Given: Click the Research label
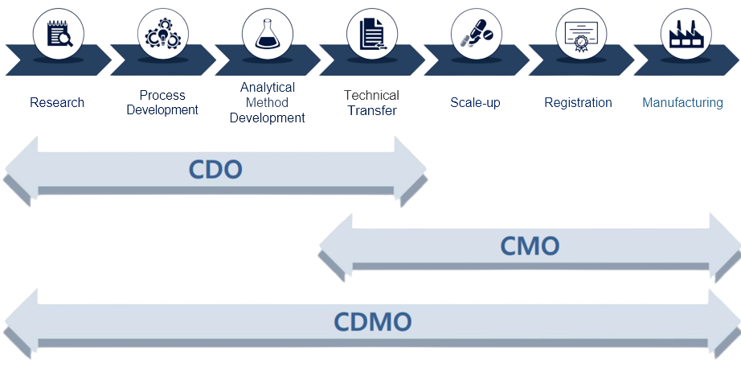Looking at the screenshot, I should point(57,103).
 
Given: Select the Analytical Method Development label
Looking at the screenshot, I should point(267,102).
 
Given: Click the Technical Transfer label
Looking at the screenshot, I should point(371,103).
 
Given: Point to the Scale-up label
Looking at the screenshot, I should point(475,103).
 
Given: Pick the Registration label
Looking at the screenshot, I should point(578,103).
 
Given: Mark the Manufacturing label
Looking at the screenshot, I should point(682,103).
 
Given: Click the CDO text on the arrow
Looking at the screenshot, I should point(215,169).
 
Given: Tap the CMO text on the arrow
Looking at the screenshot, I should point(529,245).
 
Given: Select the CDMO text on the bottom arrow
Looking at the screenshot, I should point(372,322).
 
